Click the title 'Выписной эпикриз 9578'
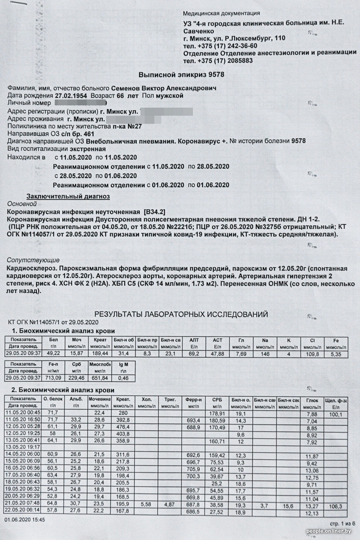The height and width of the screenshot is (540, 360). pyautogui.click(x=181, y=74)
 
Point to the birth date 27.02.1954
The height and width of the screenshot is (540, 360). pyautogui.click(x=71, y=96)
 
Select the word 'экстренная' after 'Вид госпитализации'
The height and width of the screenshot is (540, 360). pyautogui.click(x=88, y=149)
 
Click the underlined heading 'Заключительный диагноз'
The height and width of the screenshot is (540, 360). pyautogui.click(x=68, y=196)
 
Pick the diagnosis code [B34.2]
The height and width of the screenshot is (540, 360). pyautogui.click(x=154, y=212)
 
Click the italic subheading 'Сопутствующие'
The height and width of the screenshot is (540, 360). pyautogui.click(x=33, y=260)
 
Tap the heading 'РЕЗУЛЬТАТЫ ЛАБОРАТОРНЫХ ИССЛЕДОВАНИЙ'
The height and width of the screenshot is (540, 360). pyautogui.click(x=181, y=314)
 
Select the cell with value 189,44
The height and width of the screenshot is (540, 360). pyautogui.click(x=100, y=354)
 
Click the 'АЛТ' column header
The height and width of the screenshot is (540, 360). pyautogui.click(x=194, y=340)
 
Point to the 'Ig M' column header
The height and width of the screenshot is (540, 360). pyautogui.click(x=123, y=364)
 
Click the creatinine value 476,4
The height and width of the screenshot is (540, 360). pyautogui.click(x=123, y=427)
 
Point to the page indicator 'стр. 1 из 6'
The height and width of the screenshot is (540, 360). pyautogui.click(x=342, y=523)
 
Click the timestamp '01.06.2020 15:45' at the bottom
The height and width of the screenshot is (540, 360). pyautogui.click(x=25, y=520)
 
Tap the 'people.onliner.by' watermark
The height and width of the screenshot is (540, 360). pyautogui.click(x=328, y=532)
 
